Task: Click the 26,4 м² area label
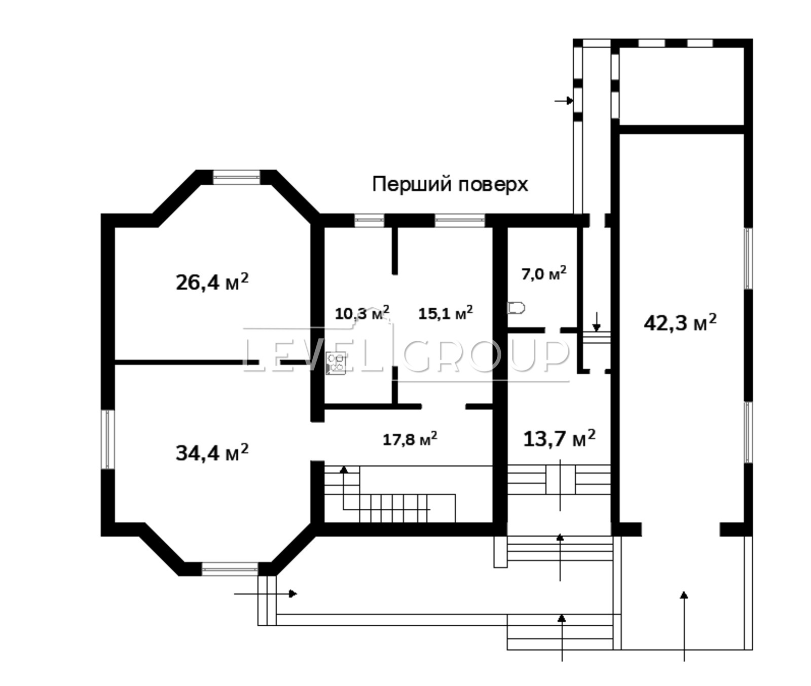tap(212, 281)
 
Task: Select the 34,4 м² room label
tap(212, 452)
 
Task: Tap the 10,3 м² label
tap(362, 313)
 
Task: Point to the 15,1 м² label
tap(446, 313)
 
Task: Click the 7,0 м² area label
tap(544, 274)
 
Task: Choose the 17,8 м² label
tap(410, 438)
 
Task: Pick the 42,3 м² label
tap(680, 322)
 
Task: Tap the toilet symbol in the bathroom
tap(516, 308)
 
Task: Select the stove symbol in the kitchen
tap(336, 363)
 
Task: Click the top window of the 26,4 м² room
tap(236, 177)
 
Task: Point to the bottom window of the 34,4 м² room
tap(230, 569)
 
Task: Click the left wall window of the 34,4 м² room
tap(107, 439)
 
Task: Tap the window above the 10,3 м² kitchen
tap(369, 220)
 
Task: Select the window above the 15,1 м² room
tap(460, 220)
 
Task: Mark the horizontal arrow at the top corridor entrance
tap(564, 101)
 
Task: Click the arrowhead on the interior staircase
tap(344, 469)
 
